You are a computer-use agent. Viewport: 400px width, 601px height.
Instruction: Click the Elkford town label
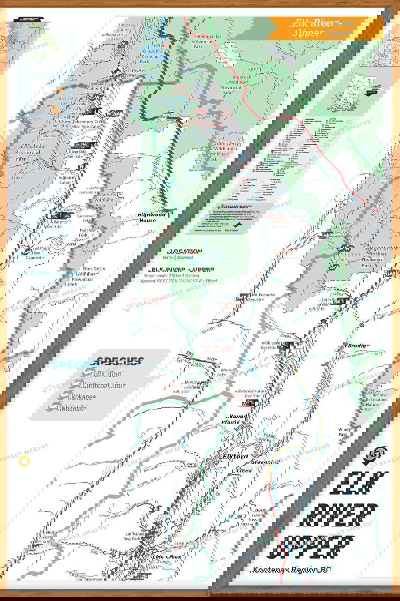pyautogui.click(x=235, y=456)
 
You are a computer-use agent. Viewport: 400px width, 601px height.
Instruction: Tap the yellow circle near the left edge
pyautogui.click(x=24, y=462)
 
